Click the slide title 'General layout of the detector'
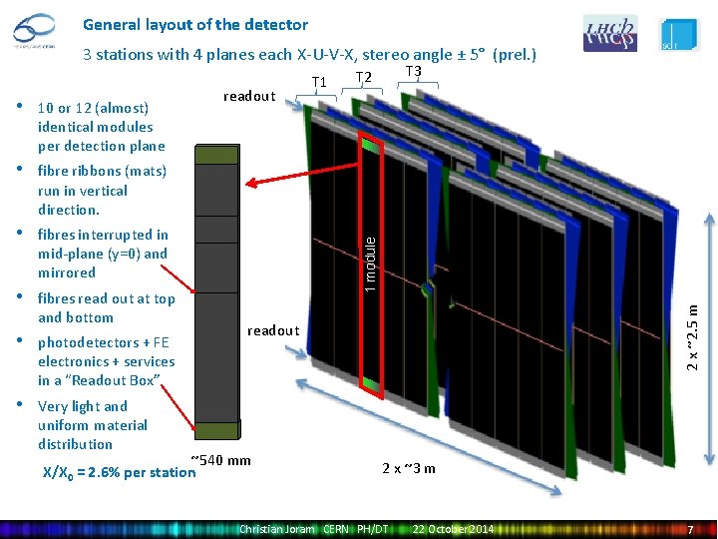coord(195,24)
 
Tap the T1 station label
coord(320,82)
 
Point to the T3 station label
coord(414,71)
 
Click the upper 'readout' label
coord(249,96)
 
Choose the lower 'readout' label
coord(273,330)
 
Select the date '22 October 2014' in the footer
coord(453,528)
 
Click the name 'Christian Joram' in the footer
coord(276,528)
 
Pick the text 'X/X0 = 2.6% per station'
coord(119,471)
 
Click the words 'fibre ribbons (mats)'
coord(102,171)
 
